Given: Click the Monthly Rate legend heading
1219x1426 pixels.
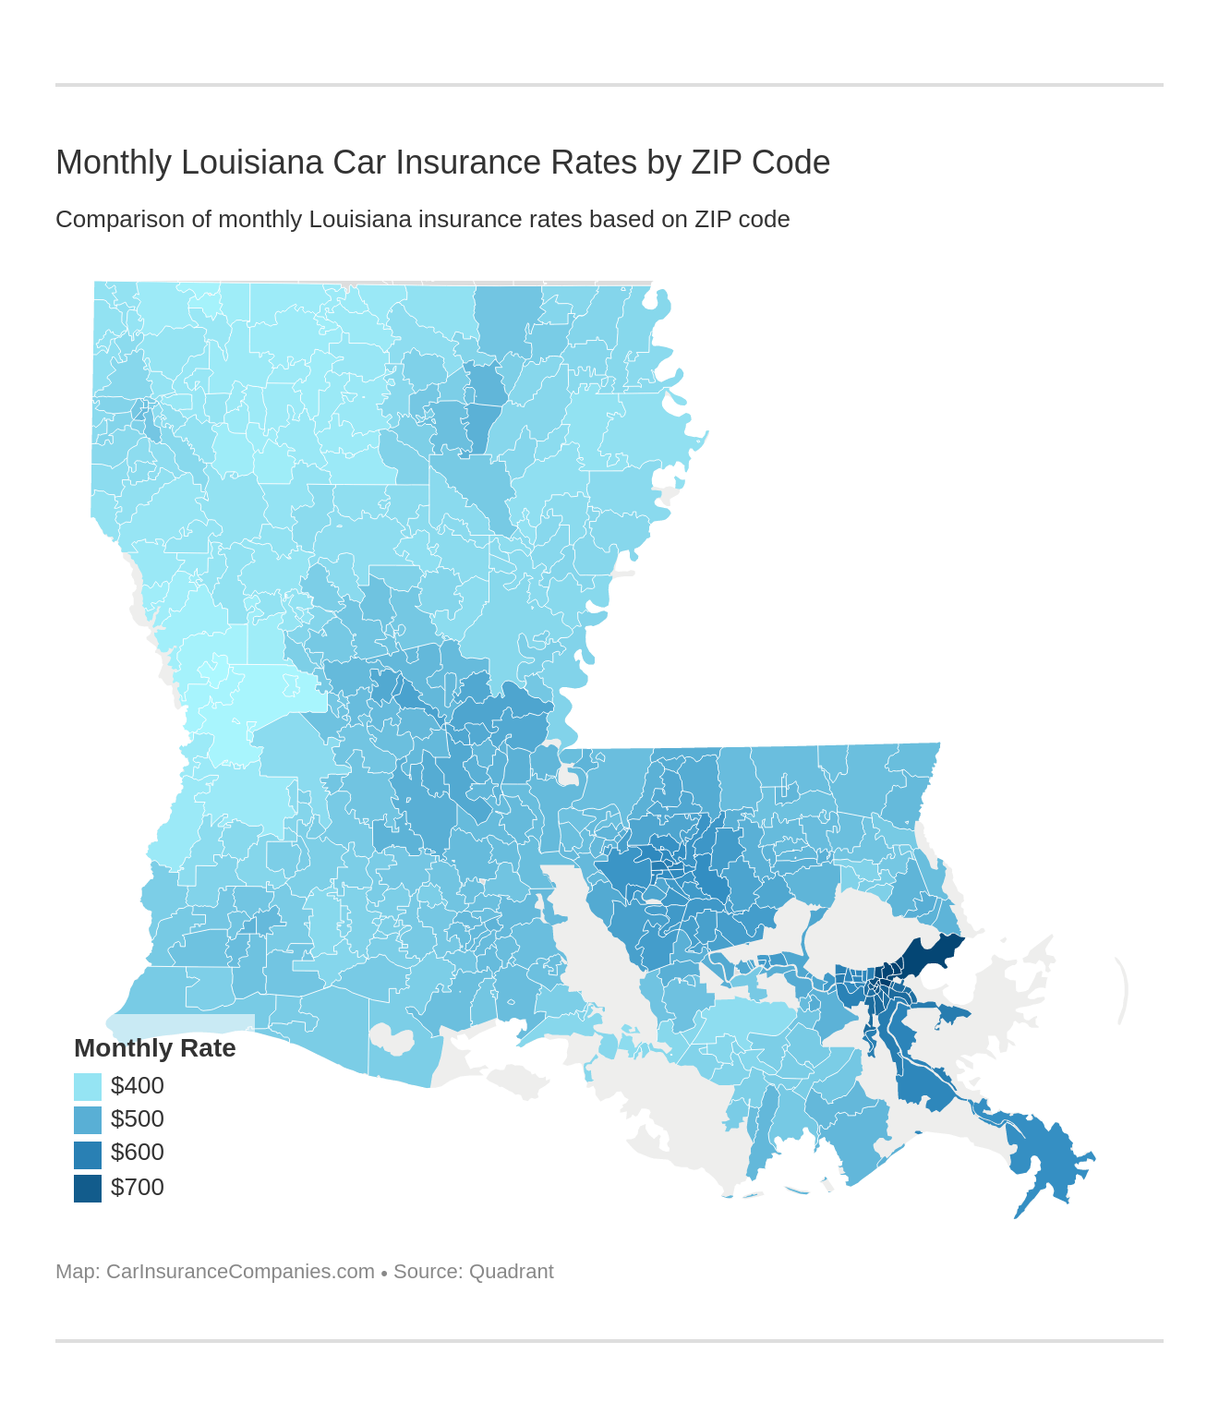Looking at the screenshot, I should (x=154, y=1048).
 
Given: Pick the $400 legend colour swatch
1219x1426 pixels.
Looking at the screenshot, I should (x=88, y=1086).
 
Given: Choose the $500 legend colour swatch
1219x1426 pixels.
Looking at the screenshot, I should (x=88, y=1119).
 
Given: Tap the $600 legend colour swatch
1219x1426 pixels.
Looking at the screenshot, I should (x=88, y=1154).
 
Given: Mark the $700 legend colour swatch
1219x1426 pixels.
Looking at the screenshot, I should (x=88, y=1188).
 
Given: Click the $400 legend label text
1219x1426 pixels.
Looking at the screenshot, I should (x=138, y=1086).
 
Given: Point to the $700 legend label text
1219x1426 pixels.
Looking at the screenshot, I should (x=138, y=1188).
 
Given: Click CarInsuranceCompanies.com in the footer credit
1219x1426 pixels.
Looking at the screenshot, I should (x=240, y=1272).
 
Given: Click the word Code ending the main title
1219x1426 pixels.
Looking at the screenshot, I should (x=791, y=163).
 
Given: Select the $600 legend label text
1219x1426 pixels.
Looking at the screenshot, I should (x=138, y=1153).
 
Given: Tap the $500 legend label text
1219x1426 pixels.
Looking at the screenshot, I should (x=138, y=1119).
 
